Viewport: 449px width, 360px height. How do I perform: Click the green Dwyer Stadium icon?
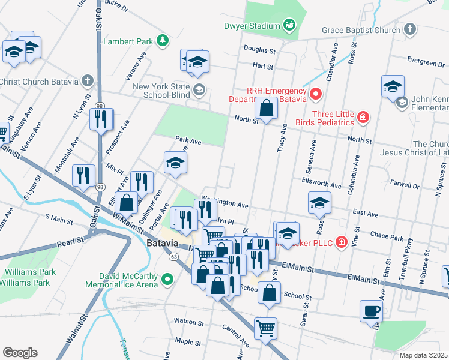(x=289, y=25)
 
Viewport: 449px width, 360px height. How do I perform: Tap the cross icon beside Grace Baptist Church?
(x=409, y=29)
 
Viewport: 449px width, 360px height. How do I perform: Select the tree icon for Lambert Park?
(x=161, y=41)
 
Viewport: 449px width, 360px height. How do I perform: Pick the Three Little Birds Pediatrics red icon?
(x=363, y=117)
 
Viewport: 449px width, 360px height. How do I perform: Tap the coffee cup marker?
(x=371, y=311)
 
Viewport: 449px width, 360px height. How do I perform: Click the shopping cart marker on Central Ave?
(x=265, y=328)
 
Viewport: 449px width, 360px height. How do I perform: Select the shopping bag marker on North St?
(x=266, y=109)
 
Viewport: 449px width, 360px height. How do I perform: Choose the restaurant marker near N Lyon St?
(x=101, y=118)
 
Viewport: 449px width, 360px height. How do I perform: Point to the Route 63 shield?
(x=173, y=257)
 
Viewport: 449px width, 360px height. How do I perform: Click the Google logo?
(x=19, y=352)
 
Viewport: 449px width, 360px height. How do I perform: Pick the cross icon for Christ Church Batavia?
(x=88, y=81)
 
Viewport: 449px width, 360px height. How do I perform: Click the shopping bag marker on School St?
(x=270, y=293)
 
